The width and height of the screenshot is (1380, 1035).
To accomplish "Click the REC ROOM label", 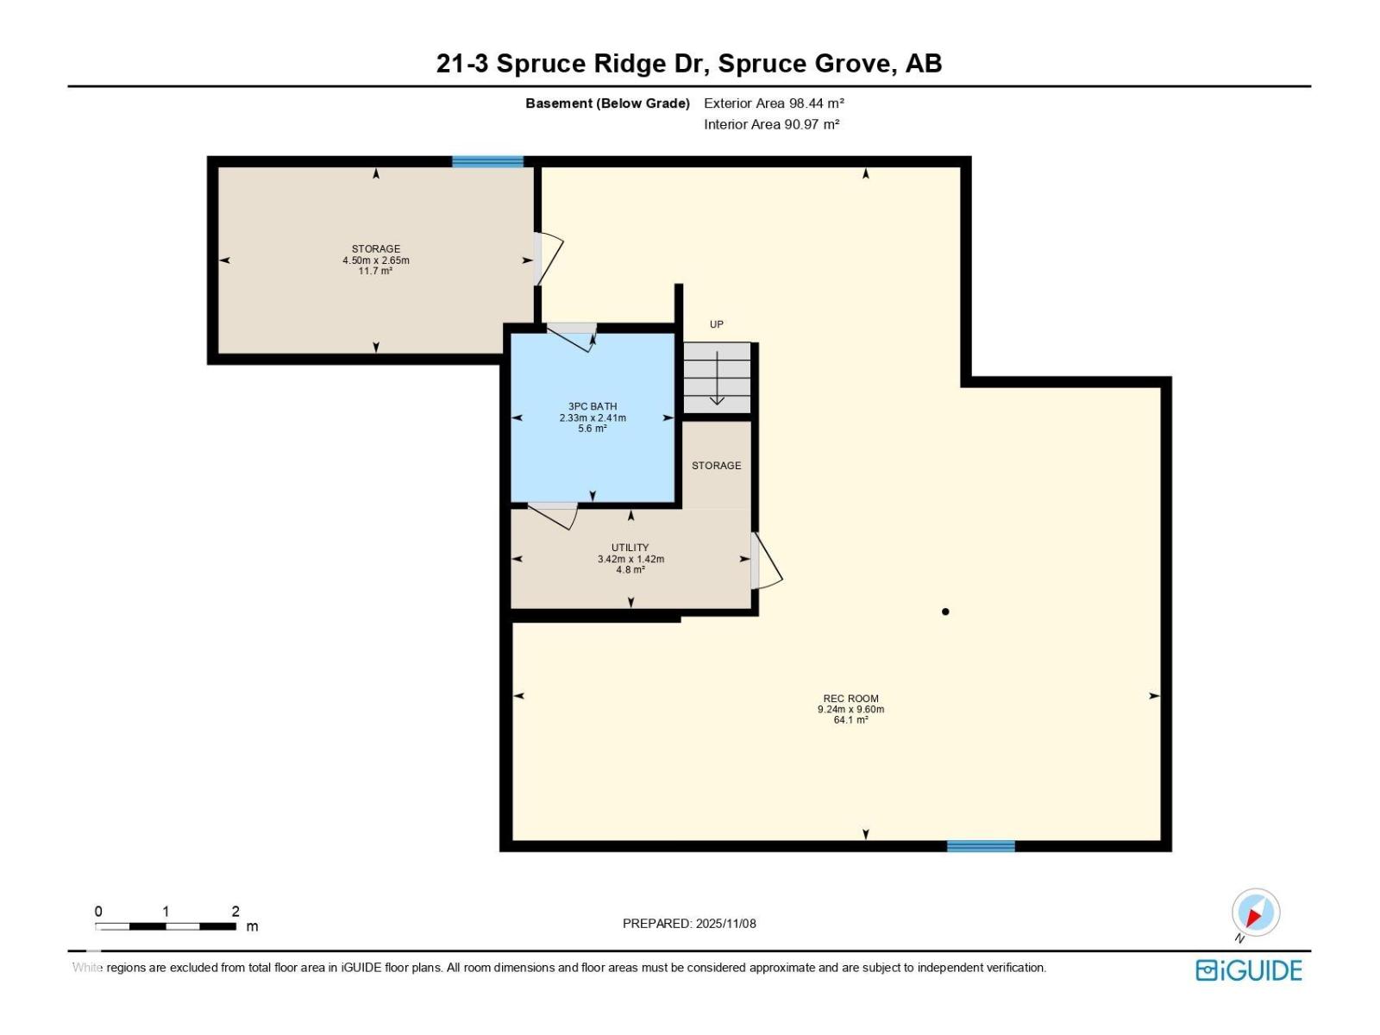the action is coord(850,698).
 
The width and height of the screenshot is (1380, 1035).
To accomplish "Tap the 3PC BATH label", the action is coord(593,406).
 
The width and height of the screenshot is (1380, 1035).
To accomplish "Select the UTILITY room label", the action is coord(630,548).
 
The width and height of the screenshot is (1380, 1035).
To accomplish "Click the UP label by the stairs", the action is coord(716,324).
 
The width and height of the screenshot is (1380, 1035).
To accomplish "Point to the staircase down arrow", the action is coord(717,377).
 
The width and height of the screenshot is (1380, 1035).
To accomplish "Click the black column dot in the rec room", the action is coord(945,612).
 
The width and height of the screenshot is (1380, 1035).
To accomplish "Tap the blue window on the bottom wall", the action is coord(981,846).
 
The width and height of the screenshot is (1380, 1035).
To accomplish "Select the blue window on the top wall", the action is coord(487,161).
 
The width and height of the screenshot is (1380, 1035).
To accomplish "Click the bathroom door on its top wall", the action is coord(571,337).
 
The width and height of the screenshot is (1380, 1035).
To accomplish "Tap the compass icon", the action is coord(1256,912).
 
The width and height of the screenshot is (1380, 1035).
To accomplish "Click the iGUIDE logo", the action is coord(1249,971).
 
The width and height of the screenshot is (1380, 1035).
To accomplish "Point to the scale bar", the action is coord(166,926).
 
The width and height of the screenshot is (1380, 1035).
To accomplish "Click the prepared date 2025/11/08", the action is coord(725,923).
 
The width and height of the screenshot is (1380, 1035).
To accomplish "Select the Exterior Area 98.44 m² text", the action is coord(774,103).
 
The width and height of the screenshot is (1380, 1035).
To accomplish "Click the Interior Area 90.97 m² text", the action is coord(771,124).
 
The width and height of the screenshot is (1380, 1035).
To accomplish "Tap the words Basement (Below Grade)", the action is coord(607,103).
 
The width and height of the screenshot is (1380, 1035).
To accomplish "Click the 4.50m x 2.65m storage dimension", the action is coord(376,260).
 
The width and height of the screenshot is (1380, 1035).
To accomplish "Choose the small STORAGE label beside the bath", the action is coord(716,466).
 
